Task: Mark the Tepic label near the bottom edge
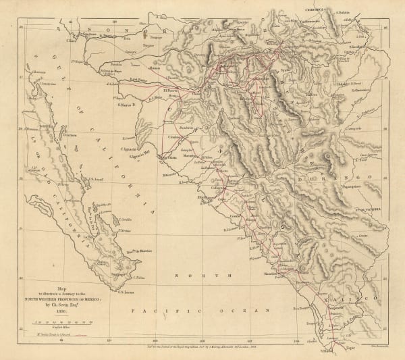[352, 352]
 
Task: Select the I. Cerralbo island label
[124, 220]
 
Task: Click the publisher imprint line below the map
[202, 344]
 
